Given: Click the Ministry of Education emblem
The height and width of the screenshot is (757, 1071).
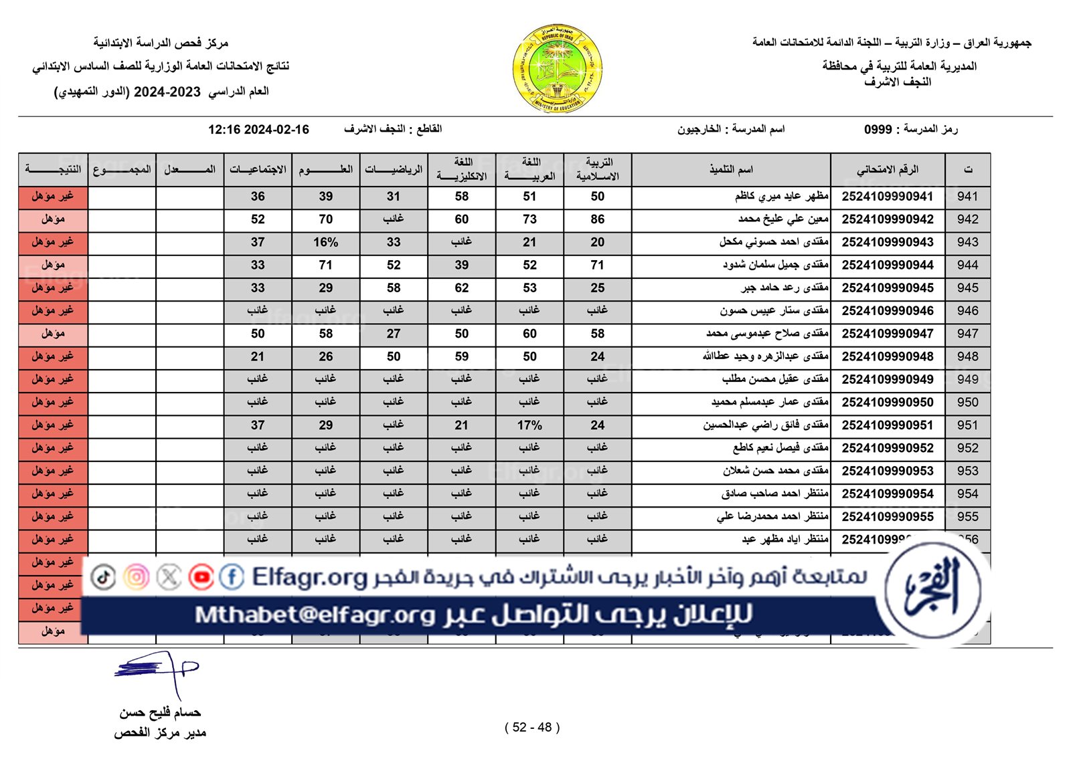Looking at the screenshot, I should pyautogui.click(x=558, y=68).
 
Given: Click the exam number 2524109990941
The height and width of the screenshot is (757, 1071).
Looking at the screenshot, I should pyautogui.click(x=888, y=197).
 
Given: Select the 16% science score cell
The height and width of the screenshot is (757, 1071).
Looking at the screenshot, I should pyautogui.click(x=325, y=242).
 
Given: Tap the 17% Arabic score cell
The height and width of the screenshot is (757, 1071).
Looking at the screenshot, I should pyautogui.click(x=529, y=425).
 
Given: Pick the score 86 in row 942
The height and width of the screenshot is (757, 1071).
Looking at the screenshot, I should pyautogui.click(x=597, y=219).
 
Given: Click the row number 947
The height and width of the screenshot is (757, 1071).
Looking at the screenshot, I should pyautogui.click(x=967, y=334).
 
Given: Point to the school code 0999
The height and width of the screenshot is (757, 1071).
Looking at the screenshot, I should pyautogui.click(x=878, y=129).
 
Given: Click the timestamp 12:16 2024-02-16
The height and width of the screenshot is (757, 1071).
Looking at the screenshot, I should pyautogui.click(x=258, y=130).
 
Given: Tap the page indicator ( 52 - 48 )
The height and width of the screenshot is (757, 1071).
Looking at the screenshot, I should pyautogui.click(x=532, y=728).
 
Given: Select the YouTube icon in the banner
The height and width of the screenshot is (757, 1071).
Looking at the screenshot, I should pyautogui.click(x=201, y=577).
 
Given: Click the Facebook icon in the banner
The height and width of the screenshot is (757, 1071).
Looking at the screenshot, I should pyautogui.click(x=232, y=577).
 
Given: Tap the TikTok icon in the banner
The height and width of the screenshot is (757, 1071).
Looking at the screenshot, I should pyautogui.click(x=103, y=577).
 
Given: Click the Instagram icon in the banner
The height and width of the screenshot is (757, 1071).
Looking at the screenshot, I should pyautogui.click(x=136, y=577).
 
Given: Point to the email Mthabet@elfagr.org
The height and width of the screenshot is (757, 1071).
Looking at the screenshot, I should pyautogui.click(x=315, y=615).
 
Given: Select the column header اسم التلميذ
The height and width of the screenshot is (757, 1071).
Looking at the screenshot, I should pyautogui.click(x=731, y=170).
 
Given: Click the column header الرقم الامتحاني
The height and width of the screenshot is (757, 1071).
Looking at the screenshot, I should pyautogui.click(x=888, y=170).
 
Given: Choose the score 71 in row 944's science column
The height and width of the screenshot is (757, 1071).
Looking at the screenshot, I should pyautogui.click(x=325, y=265).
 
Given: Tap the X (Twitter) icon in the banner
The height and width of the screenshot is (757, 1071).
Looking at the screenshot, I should pyautogui.click(x=169, y=577).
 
